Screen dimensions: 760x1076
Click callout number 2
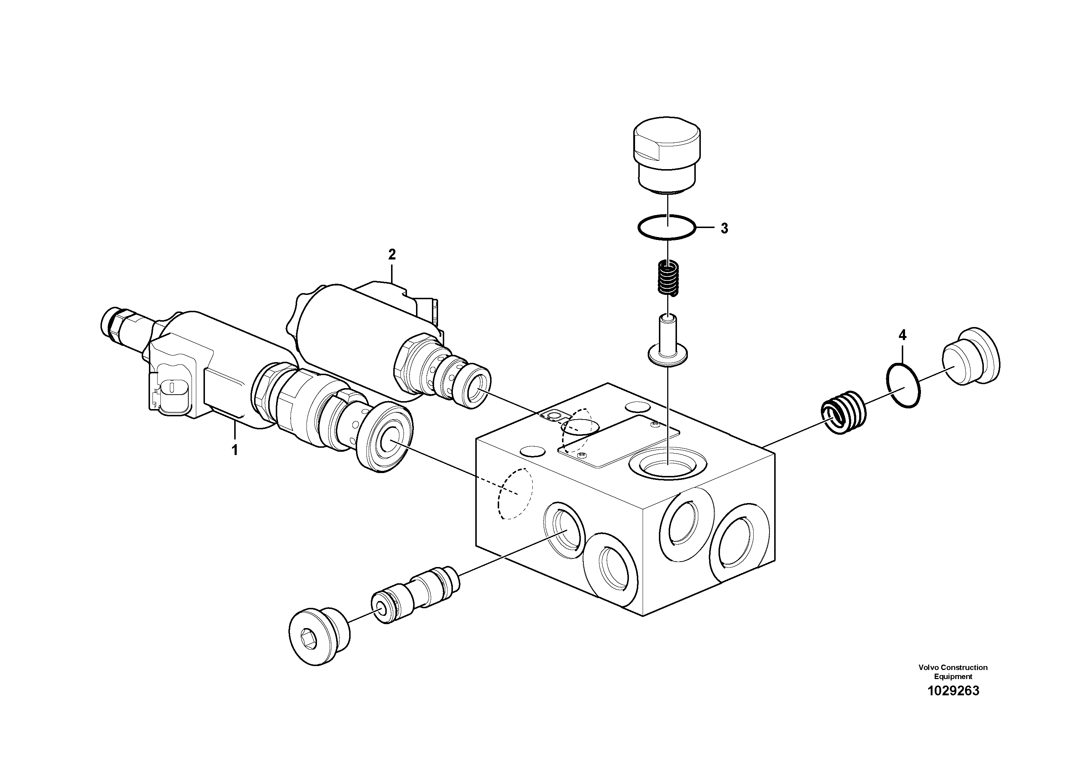pos(392,254)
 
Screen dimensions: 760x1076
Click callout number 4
pos(902,335)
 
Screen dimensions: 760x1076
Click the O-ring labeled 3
pos(666,227)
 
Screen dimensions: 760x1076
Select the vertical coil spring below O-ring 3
pos(667,278)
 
